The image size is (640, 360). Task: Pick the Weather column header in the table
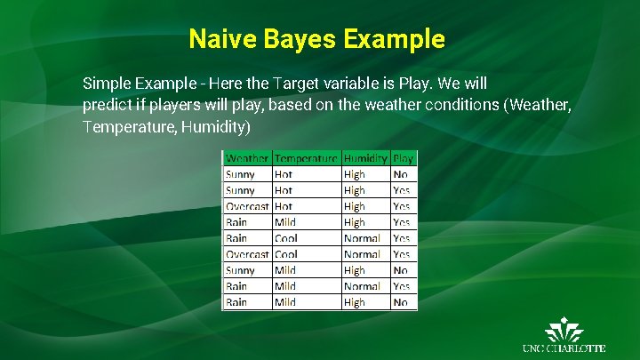(246, 158)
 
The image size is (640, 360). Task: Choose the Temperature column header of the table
(306, 158)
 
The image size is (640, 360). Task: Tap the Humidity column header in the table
(365, 158)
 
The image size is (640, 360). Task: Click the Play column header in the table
(403, 158)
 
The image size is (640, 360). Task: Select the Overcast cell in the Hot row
(246, 206)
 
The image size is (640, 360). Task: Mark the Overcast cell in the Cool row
(246, 254)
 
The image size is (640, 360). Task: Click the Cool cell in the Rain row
(285, 238)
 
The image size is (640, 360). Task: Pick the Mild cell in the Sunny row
(285, 270)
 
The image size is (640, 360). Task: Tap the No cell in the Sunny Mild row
(400, 270)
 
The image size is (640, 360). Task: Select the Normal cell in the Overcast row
(362, 254)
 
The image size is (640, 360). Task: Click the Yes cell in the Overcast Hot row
(401, 206)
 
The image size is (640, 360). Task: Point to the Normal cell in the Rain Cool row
(362, 238)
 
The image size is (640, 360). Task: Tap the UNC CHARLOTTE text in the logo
(564, 348)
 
